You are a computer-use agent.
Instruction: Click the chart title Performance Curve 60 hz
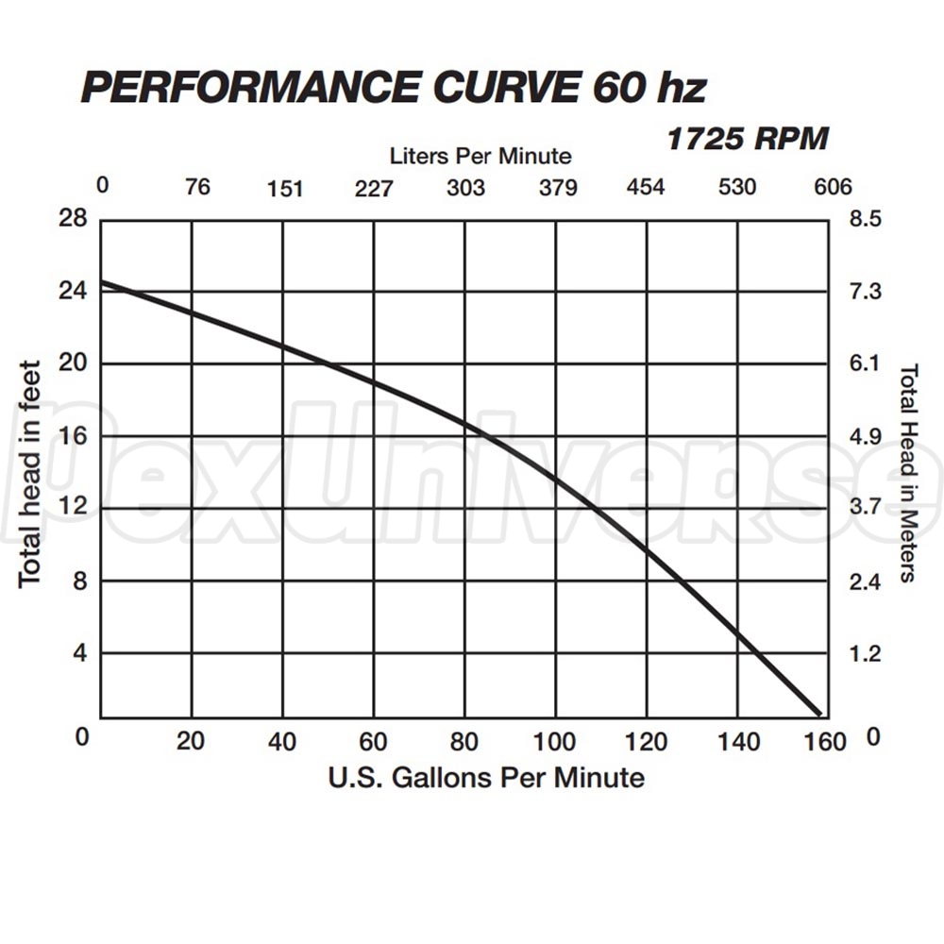(393, 88)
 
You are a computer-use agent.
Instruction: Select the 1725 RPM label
(747, 139)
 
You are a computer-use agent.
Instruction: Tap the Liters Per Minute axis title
(480, 155)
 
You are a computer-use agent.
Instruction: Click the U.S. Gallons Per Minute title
(486, 778)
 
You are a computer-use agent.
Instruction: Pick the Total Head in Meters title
(908, 472)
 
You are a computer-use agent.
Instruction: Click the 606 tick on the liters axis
(833, 186)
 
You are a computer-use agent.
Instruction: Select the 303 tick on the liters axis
(465, 187)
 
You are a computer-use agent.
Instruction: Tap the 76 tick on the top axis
(196, 186)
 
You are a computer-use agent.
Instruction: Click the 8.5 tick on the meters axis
(865, 219)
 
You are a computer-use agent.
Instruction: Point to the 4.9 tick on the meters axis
(865, 436)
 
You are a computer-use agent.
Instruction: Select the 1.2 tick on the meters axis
(865, 653)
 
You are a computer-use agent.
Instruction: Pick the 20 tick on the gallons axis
(192, 742)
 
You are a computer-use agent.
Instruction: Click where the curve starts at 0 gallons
(102, 281)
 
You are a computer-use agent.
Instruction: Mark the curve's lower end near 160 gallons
(818, 713)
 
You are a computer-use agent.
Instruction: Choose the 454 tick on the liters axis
(646, 186)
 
